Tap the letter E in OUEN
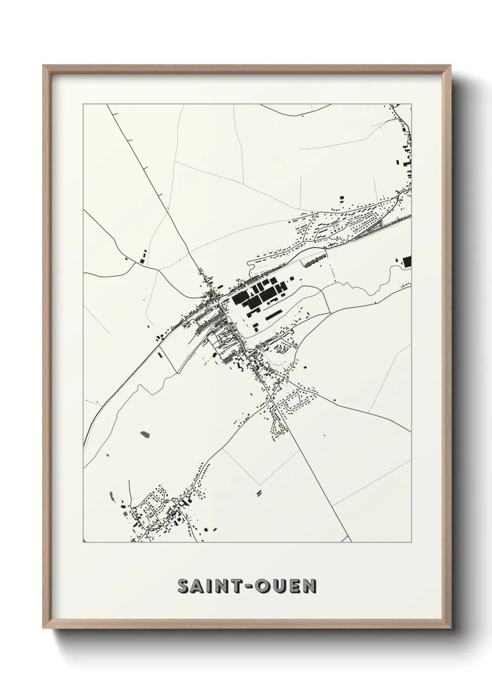[x=295, y=586]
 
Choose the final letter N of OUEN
[x=310, y=586]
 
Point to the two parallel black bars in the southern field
[x=259, y=492]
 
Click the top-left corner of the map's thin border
[x=83, y=104]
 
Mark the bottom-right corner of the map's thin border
[x=412, y=542]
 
